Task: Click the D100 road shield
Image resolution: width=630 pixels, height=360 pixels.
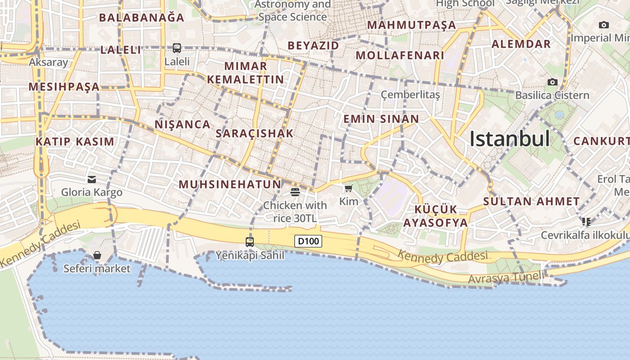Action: pos(308,241)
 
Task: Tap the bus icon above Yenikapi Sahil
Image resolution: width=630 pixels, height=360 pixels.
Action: pos(250,242)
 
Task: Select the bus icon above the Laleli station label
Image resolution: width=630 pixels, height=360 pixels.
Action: pos(177,48)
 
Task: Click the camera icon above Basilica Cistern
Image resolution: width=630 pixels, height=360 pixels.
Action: pos(552,82)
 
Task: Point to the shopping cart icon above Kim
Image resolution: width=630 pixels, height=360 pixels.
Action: pos(348,188)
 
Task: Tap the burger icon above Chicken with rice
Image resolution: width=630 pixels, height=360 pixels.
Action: pos(295,192)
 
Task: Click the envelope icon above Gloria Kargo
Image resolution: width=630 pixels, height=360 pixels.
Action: pos(92,180)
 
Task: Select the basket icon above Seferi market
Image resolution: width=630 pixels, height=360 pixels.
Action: pos(97,256)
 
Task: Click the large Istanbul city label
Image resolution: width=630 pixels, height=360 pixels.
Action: pos(509,139)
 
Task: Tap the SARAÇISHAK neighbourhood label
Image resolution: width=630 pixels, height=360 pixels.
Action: pos(255,133)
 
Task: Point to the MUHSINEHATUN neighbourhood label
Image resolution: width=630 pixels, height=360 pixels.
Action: pos(230,184)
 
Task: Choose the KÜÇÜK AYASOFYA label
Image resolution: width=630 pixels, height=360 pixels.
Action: pos(435,216)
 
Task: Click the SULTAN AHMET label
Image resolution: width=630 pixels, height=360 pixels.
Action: pos(531,201)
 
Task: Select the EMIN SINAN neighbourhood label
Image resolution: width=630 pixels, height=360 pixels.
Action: pos(381,119)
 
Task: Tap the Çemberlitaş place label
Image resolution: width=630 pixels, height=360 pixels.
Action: pos(410,94)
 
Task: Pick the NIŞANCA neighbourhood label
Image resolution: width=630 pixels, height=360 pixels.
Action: pos(183,124)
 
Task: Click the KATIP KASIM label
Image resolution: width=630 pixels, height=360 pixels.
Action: pos(75,142)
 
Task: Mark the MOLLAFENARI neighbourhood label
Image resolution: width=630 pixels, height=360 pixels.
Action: pos(400,55)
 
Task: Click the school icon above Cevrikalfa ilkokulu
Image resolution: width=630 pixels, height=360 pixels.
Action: pos(586,221)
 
